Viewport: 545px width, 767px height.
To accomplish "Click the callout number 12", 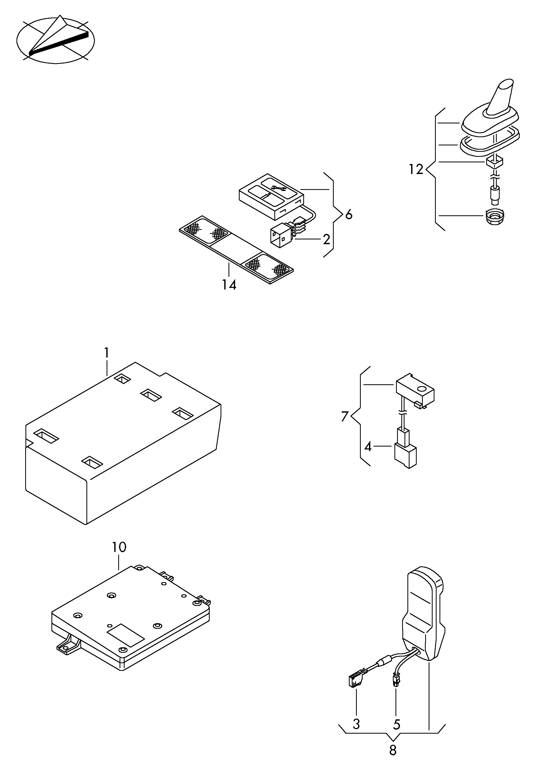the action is [416, 169].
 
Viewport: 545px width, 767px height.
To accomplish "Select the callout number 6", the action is [349, 215].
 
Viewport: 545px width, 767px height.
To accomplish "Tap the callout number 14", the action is [229, 285].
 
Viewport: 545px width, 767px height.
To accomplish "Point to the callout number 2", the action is [326, 239].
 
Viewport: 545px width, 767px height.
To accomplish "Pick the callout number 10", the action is [119, 547].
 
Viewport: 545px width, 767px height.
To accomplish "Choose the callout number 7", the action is [345, 416].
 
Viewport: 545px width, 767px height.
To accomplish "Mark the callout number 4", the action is [368, 447].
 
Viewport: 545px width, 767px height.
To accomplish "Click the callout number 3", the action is [357, 724].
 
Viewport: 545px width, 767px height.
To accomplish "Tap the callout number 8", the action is [393, 750].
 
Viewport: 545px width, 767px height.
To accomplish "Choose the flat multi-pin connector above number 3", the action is [355, 681].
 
